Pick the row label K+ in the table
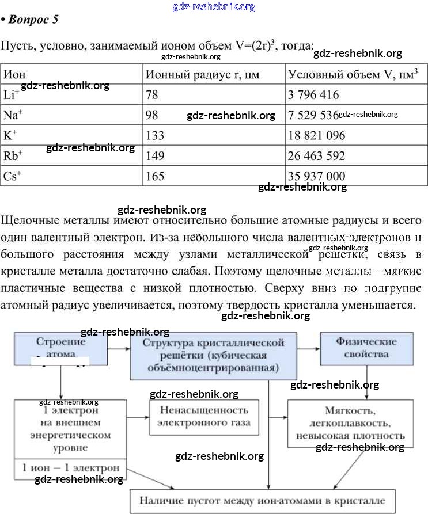coord(10,135)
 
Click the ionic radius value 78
coord(152,94)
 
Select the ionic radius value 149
coord(155,155)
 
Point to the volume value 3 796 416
coord(313,94)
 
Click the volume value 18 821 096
coord(316,136)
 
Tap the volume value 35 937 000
coord(316,176)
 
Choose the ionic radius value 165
coord(155,176)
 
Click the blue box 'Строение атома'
coord(61,348)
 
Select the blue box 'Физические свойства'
coord(366,348)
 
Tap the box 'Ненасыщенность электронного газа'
coord(204,417)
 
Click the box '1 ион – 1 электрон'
coord(70,467)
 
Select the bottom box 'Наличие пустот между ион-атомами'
coord(263,499)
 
